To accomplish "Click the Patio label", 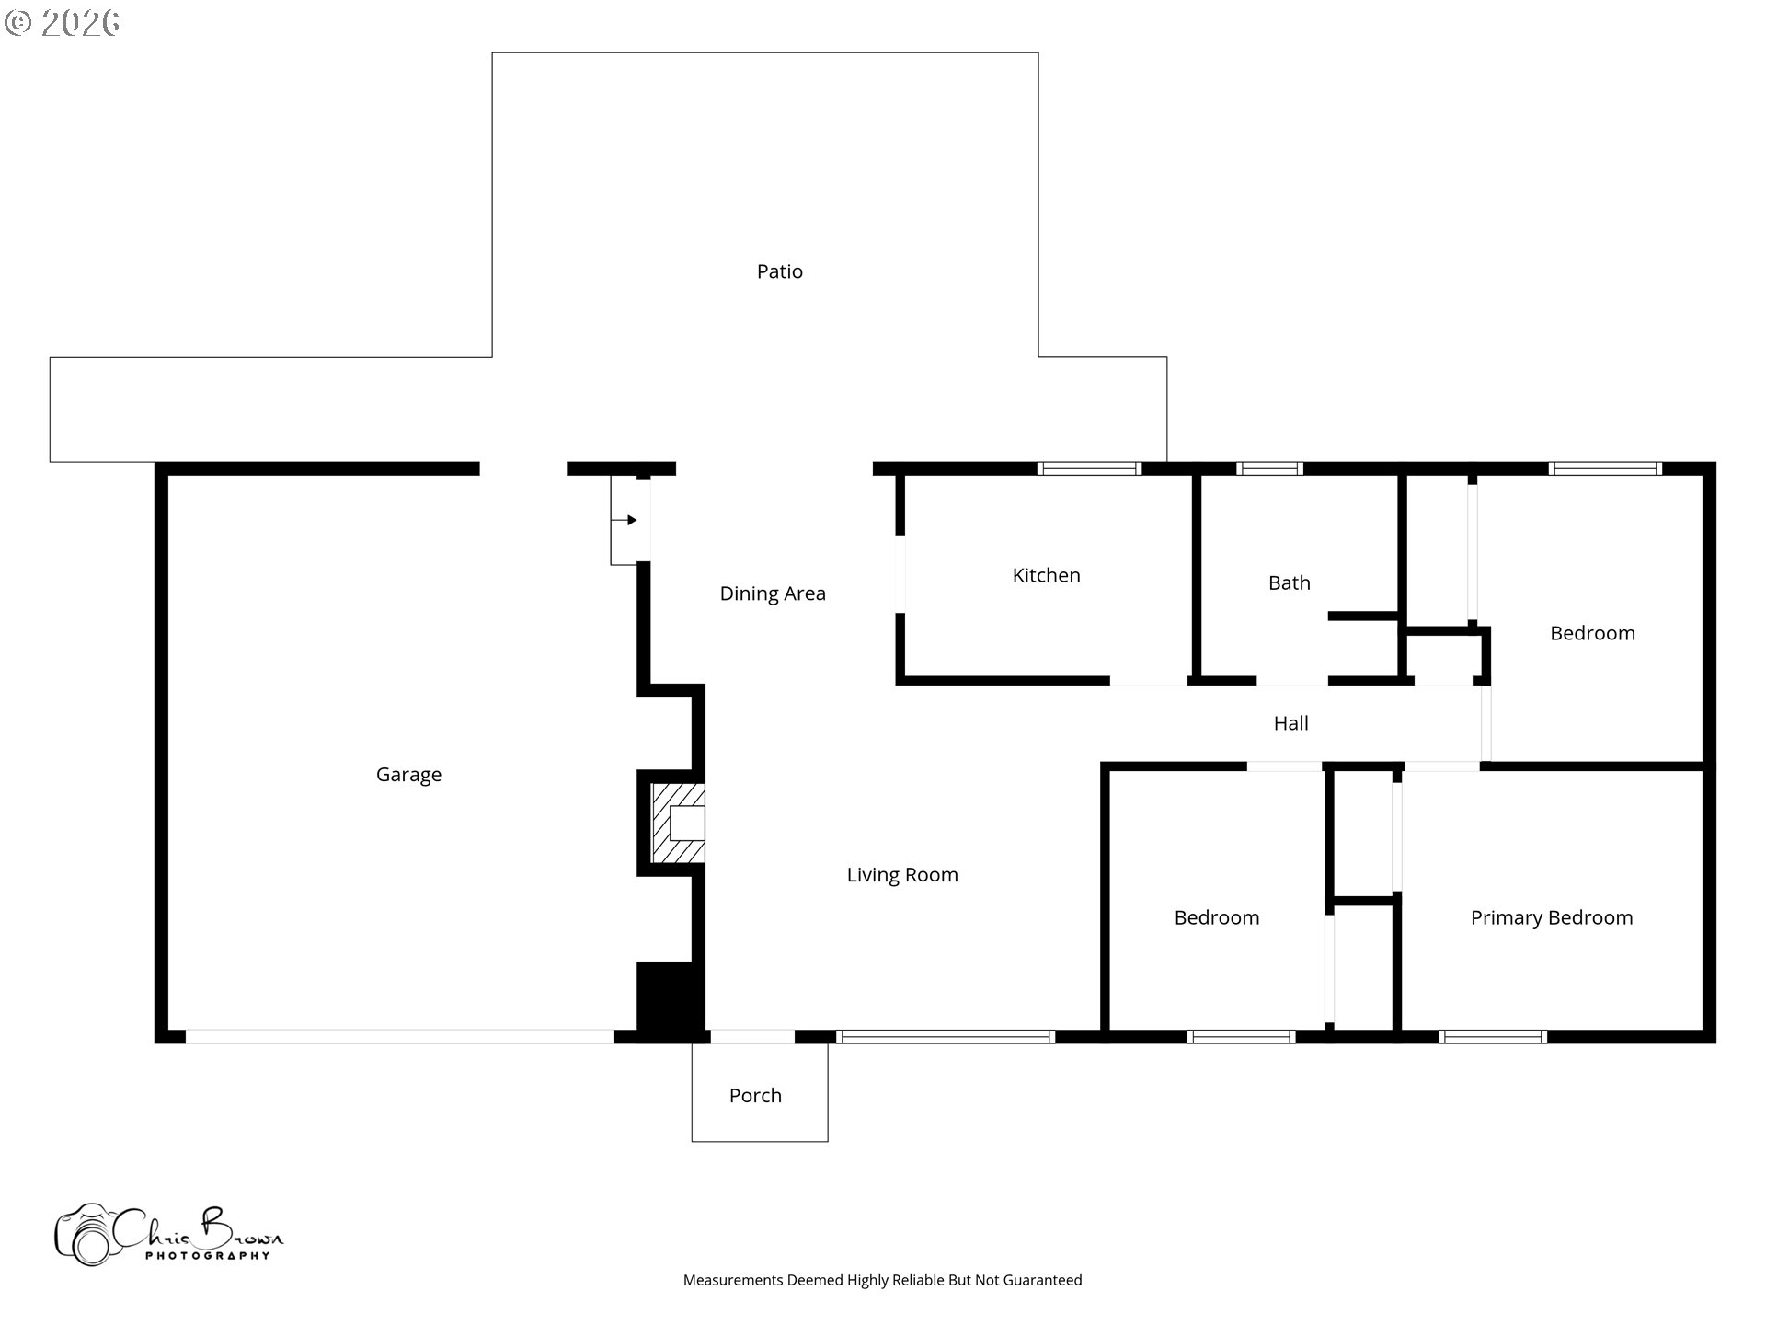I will [x=779, y=271].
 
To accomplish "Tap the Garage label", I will [x=408, y=775].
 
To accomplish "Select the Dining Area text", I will [x=772, y=593].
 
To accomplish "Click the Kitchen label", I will [x=1046, y=575].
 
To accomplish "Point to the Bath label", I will [x=1289, y=582].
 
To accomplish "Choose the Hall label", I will [x=1290, y=723].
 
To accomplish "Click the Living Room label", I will [x=901, y=875].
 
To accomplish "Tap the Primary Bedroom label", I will [x=1551, y=917].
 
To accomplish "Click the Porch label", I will [x=755, y=1095].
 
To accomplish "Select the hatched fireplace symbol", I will [x=677, y=823].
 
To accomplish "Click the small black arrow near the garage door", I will [x=631, y=520].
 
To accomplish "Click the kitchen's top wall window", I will [x=1089, y=468].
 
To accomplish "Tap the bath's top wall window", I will [x=1269, y=468].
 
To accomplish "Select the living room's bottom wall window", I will [x=946, y=1037].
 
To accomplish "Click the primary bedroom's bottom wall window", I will [x=1492, y=1037].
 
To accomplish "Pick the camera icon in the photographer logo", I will [x=85, y=1235].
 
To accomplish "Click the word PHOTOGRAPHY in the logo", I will [x=207, y=1256].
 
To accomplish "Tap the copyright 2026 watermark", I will [x=63, y=22].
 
